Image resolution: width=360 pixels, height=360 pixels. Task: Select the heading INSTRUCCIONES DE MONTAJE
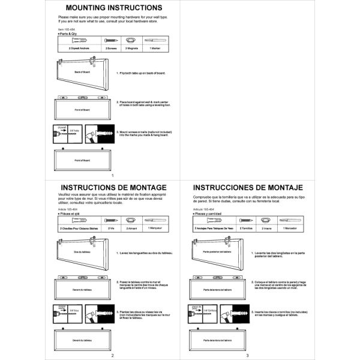(247, 187)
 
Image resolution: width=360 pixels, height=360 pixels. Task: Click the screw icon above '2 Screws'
(112, 40)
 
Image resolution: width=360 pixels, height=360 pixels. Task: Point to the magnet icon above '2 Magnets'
(132, 40)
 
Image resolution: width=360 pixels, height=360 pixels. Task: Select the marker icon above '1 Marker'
(155, 40)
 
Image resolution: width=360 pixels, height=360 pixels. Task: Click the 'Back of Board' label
(81, 72)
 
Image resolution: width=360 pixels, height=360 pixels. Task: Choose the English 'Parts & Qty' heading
(68, 33)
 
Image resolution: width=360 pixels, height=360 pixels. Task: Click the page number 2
(112, 355)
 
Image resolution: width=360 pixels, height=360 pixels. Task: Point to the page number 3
(247, 355)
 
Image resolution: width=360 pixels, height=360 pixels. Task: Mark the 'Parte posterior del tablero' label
(218, 253)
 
